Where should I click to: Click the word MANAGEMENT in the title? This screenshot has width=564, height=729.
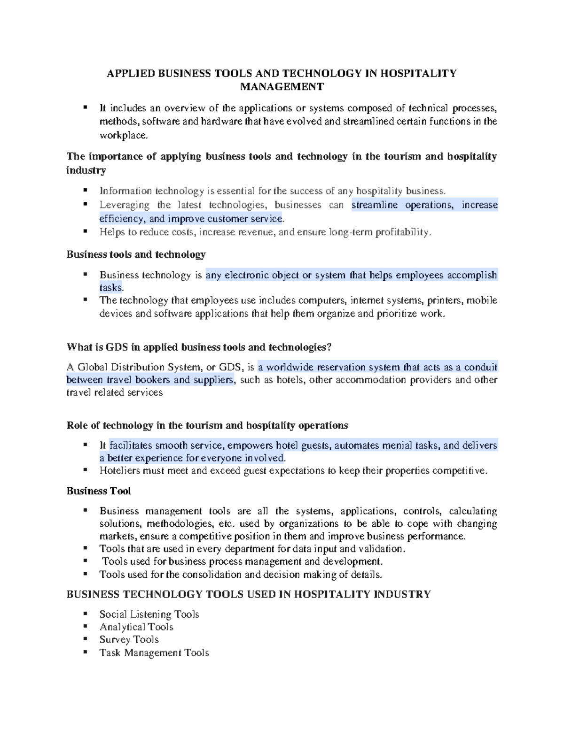click(282, 87)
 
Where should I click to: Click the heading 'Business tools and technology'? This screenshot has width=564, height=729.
click(136, 254)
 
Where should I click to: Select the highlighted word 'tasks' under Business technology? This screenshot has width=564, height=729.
click(110, 287)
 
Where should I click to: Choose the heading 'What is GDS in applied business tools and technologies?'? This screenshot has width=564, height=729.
click(199, 347)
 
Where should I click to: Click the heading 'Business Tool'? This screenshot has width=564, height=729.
click(99, 491)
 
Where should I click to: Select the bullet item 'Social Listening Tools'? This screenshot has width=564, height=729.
click(149, 614)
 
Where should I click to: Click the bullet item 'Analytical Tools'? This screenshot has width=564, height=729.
click(136, 627)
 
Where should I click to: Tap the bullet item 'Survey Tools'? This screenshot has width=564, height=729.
click(129, 640)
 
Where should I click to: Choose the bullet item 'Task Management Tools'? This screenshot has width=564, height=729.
click(154, 653)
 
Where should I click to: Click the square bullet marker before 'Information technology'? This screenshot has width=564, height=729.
click(85, 191)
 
